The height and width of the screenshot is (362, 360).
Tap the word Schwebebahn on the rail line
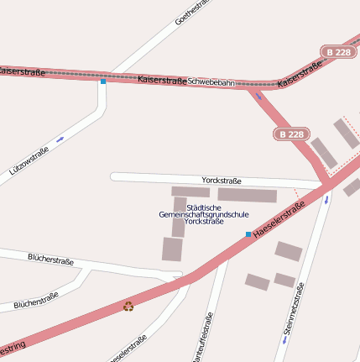[211, 82]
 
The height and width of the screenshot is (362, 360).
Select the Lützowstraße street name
[29, 160]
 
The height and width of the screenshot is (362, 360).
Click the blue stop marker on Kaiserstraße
[103, 81]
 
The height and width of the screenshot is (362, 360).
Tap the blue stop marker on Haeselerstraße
[248, 233]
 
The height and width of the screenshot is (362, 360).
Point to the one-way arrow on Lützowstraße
[60, 139]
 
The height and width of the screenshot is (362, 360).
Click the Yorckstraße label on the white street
[222, 181]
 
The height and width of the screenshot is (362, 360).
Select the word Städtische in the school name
[204, 207]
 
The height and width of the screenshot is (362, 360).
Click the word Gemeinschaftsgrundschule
[203, 214]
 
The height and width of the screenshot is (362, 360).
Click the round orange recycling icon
[128, 306]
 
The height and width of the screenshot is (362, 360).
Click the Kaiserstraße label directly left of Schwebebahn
[162, 81]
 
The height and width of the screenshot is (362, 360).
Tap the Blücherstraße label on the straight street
[50, 260]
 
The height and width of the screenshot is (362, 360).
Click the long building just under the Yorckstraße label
[247, 196]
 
